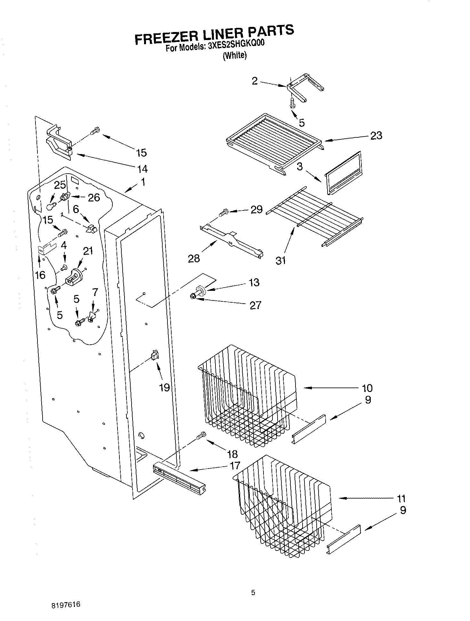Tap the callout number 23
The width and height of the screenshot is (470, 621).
pyautogui.click(x=376, y=135)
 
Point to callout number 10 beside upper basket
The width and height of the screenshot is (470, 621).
pyautogui.click(x=367, y=388)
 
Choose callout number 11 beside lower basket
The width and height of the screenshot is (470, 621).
pyautogui.click(x=401, y=498)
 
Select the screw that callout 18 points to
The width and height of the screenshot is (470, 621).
pyautogui.click(x=201, y=435)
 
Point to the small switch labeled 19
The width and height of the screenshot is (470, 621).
pyautogui.click(x=155, y=355)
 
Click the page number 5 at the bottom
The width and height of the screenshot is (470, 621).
pyautogui.click(x=253, y=593)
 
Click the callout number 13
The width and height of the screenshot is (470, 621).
pyautogui.click(x=254, y=282)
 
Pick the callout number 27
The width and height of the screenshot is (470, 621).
pyautogui.click(x=255, y=305)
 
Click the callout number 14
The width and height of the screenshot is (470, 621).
pyautogui.click(x=142, y=168)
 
